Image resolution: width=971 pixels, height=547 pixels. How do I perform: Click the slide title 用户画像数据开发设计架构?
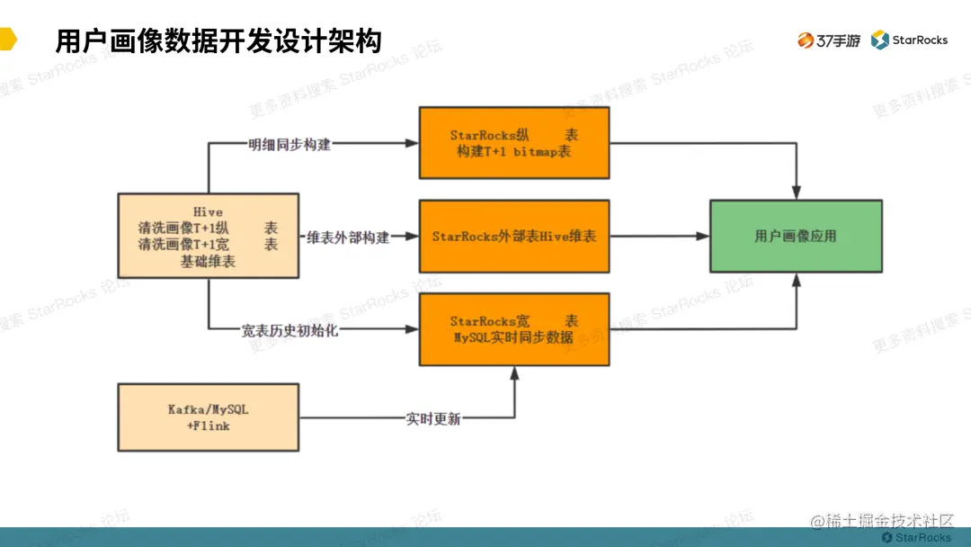point(218,41)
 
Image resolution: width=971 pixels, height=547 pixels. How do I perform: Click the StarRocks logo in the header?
point(909,40)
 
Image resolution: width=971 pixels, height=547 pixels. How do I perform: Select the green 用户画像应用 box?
point(795,237)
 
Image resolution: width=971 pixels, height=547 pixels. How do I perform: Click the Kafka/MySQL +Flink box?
point(209,417)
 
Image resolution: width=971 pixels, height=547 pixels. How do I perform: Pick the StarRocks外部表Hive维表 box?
point(514,237)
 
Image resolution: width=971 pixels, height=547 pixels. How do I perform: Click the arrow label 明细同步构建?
point(290,144)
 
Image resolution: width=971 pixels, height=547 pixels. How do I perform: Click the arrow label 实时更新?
point(432,418)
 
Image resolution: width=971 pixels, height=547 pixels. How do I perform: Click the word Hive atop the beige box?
point(208,211)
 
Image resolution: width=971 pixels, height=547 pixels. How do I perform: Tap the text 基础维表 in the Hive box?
point(208,262)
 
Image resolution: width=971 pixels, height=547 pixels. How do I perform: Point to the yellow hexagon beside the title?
point(7,41)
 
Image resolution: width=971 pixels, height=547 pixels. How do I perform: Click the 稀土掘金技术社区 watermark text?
point(881,522)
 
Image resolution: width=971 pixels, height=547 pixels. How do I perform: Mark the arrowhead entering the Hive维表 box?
point(413,237)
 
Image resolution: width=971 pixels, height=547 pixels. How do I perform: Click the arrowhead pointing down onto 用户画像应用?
point(795,193)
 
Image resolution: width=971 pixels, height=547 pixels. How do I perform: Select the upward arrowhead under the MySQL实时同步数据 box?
point(515,372)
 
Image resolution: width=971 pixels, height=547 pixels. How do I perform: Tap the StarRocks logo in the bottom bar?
point(916,537)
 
